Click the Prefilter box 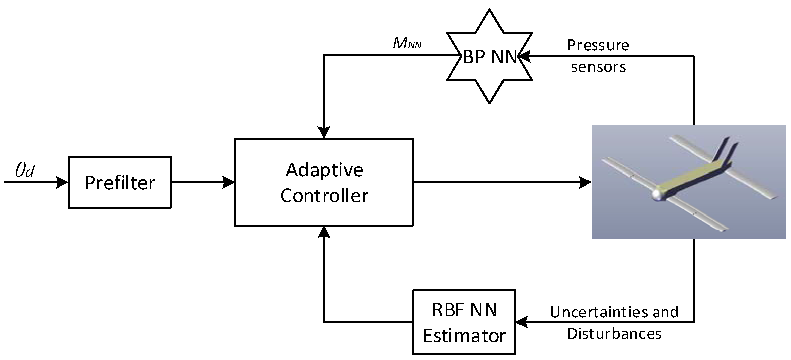coord(120,182)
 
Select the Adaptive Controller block coord(324,182)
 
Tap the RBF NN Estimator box coord(464,322)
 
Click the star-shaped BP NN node coord(489,56)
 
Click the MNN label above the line coord(407,44)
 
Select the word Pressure coord(598,45)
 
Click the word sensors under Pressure coord(598,67)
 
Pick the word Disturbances coord(614,334)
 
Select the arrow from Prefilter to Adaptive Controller coord(203,182)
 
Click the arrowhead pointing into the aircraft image coord(585,182)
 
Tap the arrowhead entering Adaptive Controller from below coord(324,232)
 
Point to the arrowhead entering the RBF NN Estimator coord(521,322)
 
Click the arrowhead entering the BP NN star coord(524,56)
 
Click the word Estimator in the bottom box coord(464,336)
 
